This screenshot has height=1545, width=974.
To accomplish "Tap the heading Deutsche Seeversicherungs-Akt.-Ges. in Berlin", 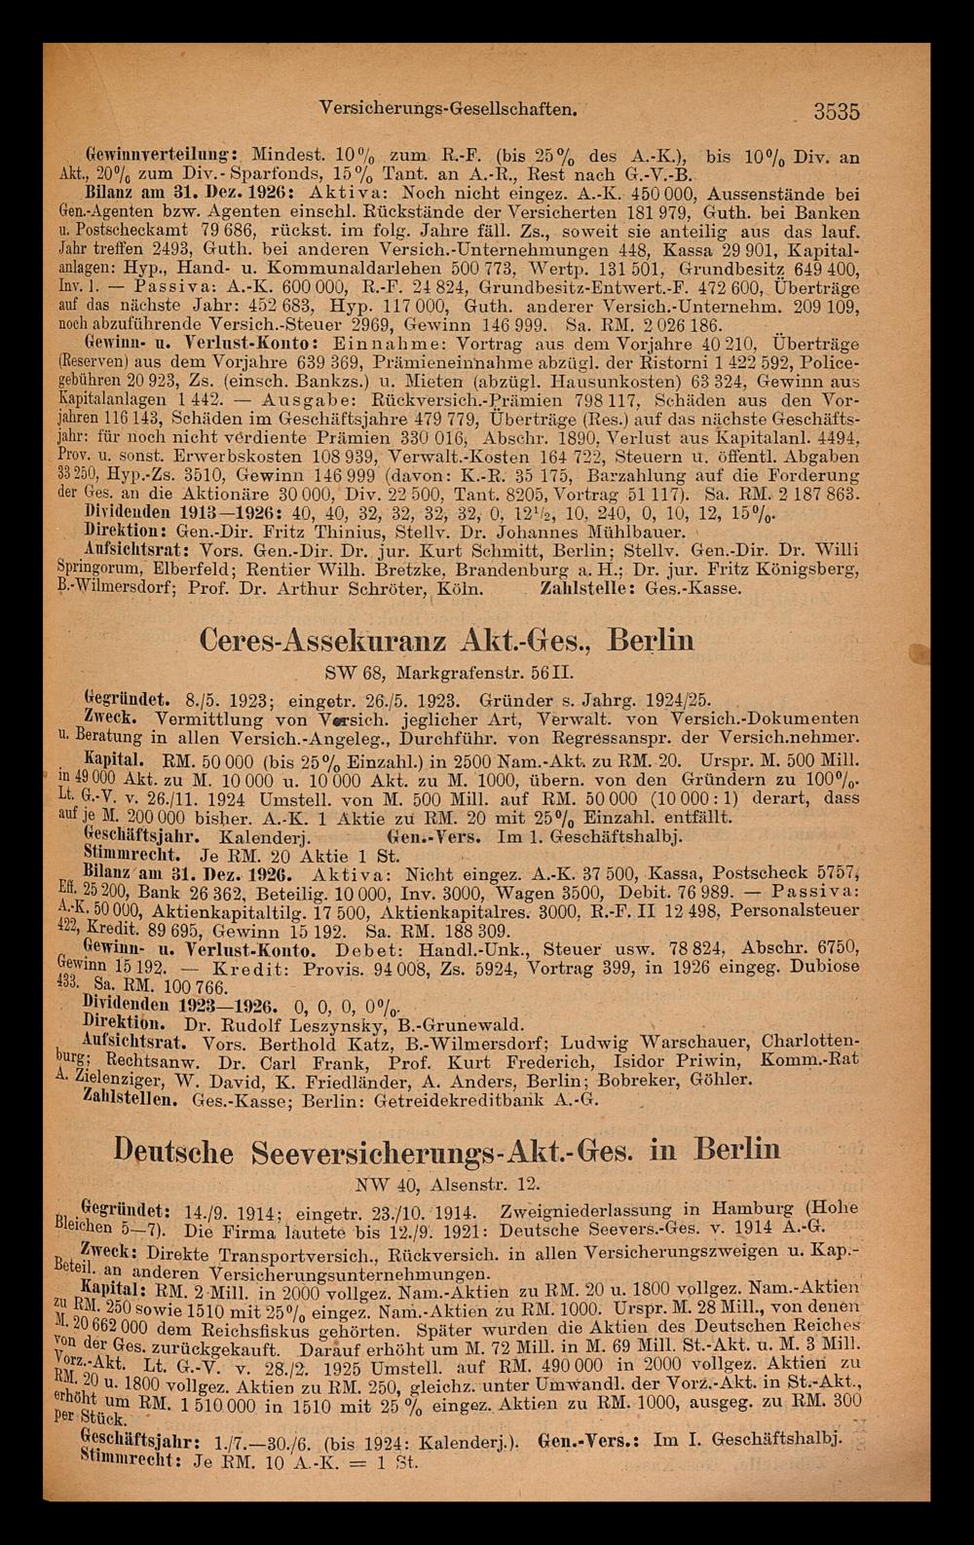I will (447, 1150).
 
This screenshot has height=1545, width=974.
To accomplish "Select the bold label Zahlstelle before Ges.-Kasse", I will (580, 588).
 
